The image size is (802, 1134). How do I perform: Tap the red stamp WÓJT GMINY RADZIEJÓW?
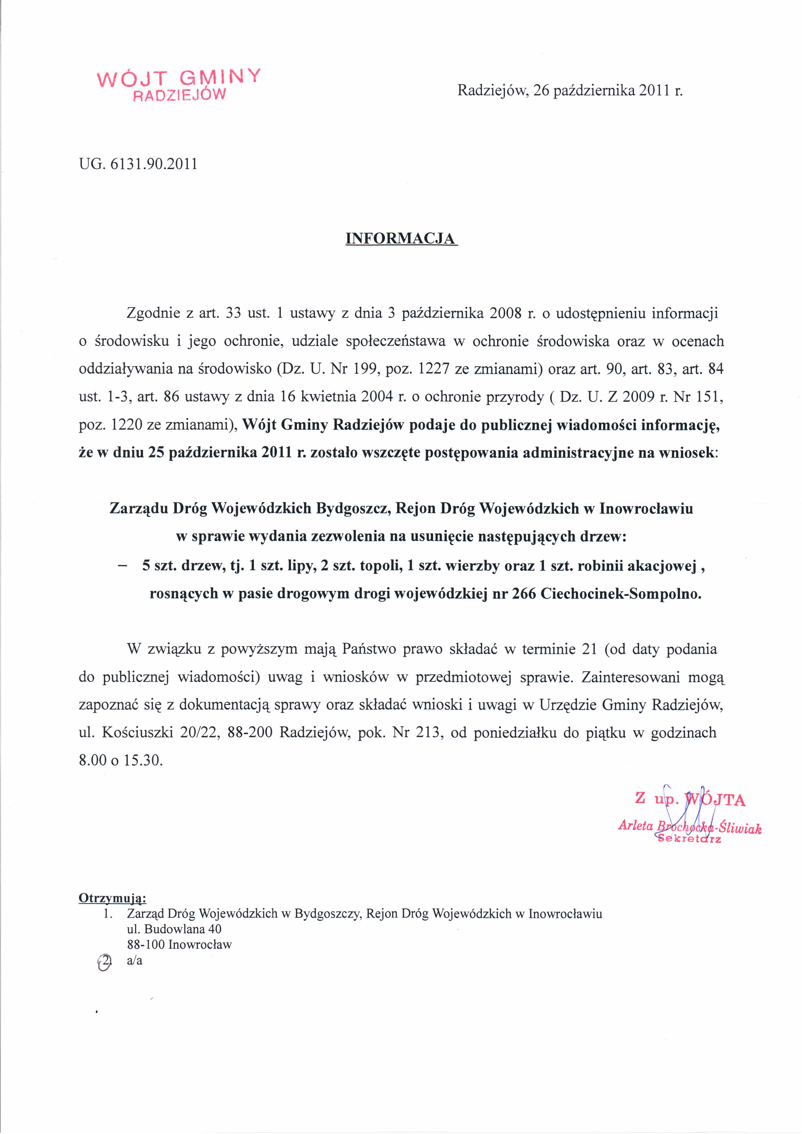point(179,84)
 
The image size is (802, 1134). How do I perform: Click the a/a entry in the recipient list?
point(135,961)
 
